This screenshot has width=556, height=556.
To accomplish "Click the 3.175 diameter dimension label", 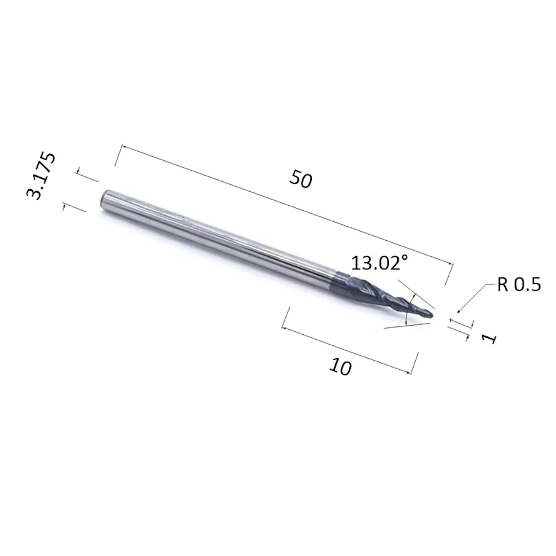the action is click(41, 176).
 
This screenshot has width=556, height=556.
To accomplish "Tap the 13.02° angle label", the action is click(379, 263).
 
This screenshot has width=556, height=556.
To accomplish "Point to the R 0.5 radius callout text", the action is click(519, 284).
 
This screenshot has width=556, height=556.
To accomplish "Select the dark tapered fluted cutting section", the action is click(383, 294).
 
